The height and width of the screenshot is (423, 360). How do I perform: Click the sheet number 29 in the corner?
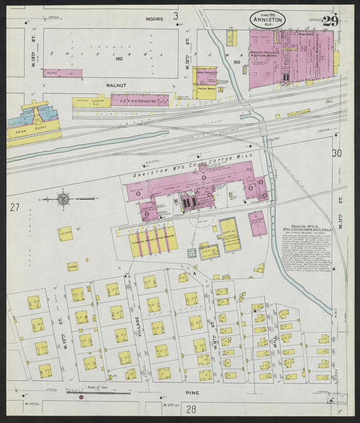pyautogui.click(x=330, y=20)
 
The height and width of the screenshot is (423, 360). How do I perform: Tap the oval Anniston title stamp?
pyautogui.click(x=267, y=20)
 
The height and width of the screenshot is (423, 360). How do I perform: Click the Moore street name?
pyautogui.click(x=155, y=19)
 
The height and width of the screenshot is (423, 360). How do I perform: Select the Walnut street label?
pyautogui.click(x=115, y=86)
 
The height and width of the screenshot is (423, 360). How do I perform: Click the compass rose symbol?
pyautogui.click(x=63, y=199)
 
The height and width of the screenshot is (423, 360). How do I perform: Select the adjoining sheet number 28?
pyautogui.click(x=191, y=409)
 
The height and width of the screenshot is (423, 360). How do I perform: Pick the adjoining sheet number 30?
pyautogui.click(x=336, y=154)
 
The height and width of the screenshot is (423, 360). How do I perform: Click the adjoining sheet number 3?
pyautogui.click(x=176, y=15)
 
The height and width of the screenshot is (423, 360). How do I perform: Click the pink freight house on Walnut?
pyautogui.click(x=139, y=100)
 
